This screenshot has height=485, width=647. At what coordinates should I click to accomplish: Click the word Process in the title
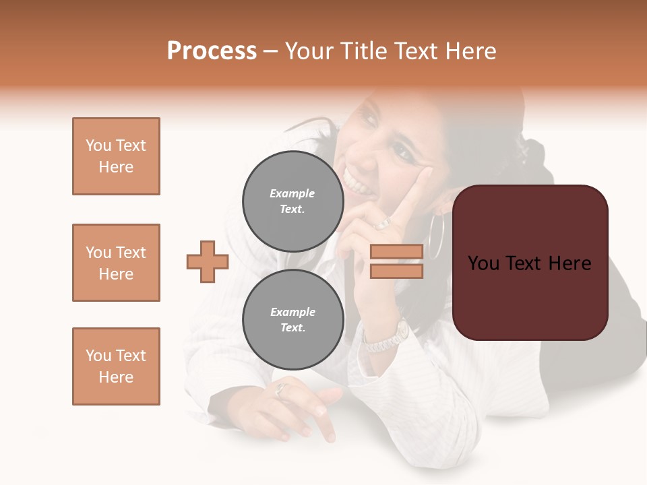click(x=212, y=51)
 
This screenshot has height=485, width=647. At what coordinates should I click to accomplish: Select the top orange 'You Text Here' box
click(x=116, y=156)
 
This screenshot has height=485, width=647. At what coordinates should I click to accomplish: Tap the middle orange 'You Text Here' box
click(x=116, y=263)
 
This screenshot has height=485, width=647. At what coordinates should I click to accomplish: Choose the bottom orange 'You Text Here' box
click(x=116, y=366)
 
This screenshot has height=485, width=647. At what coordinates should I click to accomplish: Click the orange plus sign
click(x=208, y=261)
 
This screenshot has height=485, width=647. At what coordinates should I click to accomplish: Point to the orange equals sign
click(x=396, y=261)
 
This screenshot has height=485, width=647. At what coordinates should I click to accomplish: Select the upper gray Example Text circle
click(x=292, y=201)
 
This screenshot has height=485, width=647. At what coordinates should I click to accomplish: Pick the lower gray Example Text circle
click(x=292, y=319)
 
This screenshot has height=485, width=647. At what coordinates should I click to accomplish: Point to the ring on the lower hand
click(x=281, y=389)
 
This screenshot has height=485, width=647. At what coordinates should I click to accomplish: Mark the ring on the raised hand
click(x=383, y=222)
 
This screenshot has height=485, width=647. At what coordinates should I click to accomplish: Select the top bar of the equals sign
click(x=396, y=252)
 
